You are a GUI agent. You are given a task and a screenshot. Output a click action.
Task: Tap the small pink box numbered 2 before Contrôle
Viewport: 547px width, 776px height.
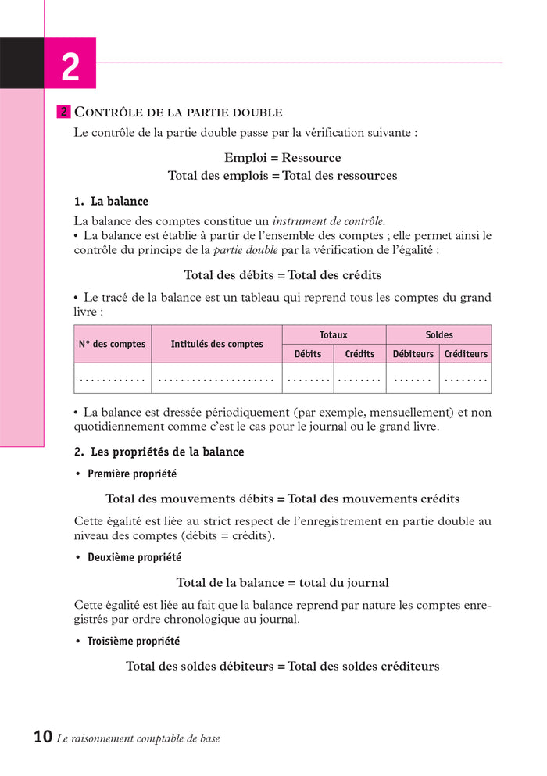64,113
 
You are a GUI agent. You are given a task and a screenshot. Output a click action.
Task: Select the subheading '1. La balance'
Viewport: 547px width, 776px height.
111,202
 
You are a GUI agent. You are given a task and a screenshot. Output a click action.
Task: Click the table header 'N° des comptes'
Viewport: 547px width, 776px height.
112,344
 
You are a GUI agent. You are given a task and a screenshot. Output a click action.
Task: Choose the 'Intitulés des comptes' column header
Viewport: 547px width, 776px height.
216,344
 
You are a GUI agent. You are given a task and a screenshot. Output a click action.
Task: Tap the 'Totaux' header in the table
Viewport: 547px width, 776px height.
334,334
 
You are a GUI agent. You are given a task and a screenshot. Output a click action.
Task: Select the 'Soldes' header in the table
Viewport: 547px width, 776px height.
438,334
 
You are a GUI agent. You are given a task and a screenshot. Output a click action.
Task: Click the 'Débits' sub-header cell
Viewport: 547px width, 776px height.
308,354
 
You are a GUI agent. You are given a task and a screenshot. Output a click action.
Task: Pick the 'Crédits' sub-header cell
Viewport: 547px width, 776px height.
359,354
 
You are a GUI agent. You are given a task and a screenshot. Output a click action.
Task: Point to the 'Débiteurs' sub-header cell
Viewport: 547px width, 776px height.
413,354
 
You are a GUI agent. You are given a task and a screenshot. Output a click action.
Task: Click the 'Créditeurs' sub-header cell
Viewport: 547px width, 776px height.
466,354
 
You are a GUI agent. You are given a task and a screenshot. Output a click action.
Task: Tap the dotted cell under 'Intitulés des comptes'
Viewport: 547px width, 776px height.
216,379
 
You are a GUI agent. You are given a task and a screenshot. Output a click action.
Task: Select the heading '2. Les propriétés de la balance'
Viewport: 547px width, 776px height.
159,452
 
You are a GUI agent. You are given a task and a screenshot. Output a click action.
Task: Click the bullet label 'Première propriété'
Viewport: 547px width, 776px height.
132,474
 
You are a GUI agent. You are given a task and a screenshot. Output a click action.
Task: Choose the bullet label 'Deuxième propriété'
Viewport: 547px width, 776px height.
134,558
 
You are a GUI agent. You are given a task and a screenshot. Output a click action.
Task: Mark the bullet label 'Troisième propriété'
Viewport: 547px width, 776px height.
133,642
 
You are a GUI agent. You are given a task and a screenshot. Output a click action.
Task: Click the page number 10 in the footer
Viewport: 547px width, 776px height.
43,737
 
